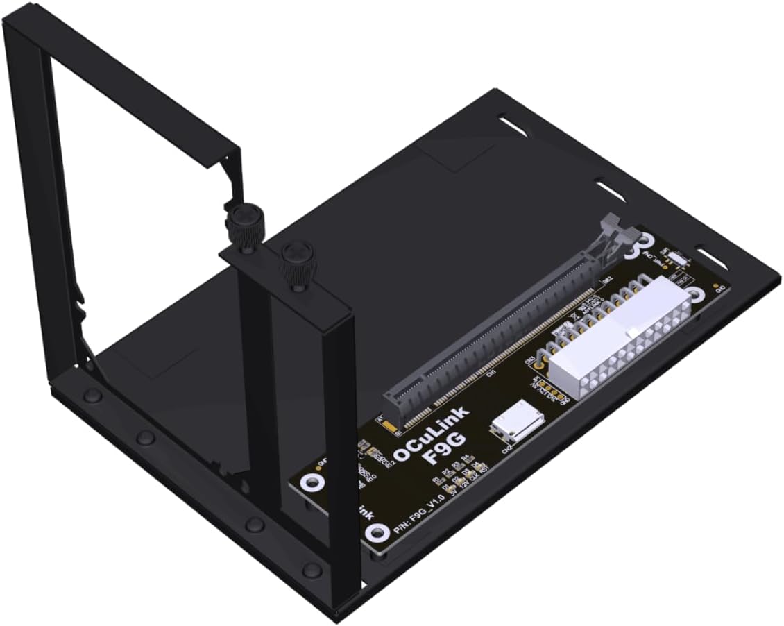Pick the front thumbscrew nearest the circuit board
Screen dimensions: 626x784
coord(294,262)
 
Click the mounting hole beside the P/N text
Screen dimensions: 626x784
coord(377,533)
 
